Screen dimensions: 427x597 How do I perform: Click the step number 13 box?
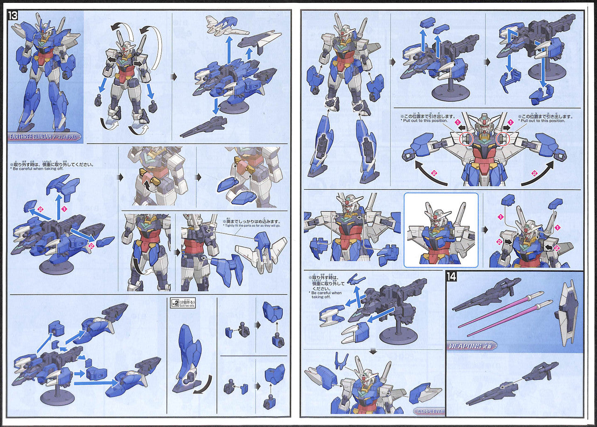[14, 15]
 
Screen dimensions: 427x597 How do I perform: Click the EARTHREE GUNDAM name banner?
[45, 137]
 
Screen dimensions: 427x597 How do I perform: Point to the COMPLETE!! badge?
[429, 411]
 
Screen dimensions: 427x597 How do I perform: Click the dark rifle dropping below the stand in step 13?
[203, 127]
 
